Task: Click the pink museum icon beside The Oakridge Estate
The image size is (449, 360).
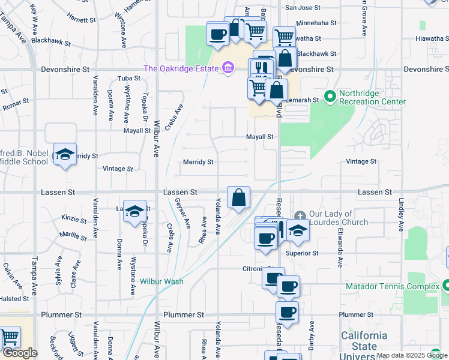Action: point(228,68)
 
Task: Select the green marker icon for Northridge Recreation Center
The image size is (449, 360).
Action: point(330,96)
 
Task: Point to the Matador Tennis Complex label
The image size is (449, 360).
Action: point(393,287)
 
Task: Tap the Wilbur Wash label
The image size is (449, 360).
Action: point(161,281)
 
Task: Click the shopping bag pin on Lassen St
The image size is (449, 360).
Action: point(238,197)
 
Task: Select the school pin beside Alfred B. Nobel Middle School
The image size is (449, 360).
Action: point(65,154)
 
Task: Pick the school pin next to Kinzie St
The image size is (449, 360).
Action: point(135,211)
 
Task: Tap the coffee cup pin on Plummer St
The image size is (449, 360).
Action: point(288,313)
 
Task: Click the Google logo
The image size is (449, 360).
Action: point(20,353)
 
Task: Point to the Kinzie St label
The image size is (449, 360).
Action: point(74,220)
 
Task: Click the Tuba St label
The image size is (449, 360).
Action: point(128,79)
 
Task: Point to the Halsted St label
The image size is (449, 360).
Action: point(14,299)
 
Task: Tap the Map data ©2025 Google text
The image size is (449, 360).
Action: point(412,355)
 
